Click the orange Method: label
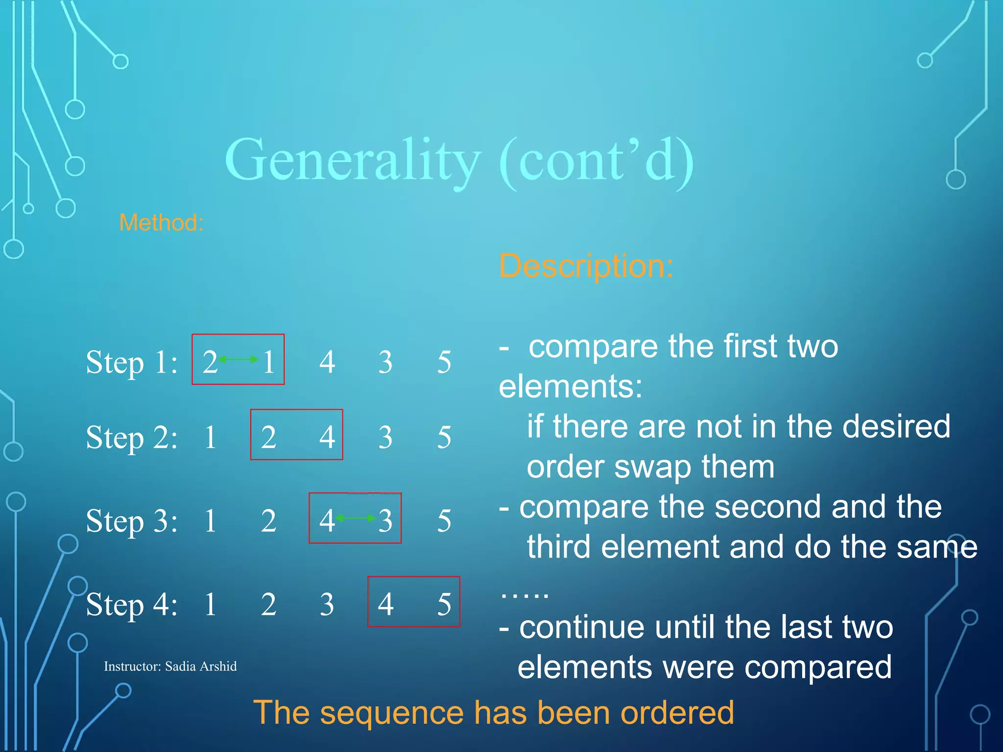click(x=161, y=223)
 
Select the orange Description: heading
click(x=586, y=266)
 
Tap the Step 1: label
click(x=132, y=363)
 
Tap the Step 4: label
click(x=132, y=605)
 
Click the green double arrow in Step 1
click(x=238, y=359)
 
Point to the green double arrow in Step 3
click(x=356, y=518)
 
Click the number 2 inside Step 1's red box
click(x=210, y=363)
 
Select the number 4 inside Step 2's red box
click(x=327, y=437)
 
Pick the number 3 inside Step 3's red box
click(x=385, y=521)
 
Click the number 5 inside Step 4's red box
click(x=444, y=605)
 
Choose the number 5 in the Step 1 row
click(x=444, y=363)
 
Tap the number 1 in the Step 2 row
click(x=210, y=437)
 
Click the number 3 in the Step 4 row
click(x=327, y=605)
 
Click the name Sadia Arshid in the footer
click(x=201, y=666)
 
